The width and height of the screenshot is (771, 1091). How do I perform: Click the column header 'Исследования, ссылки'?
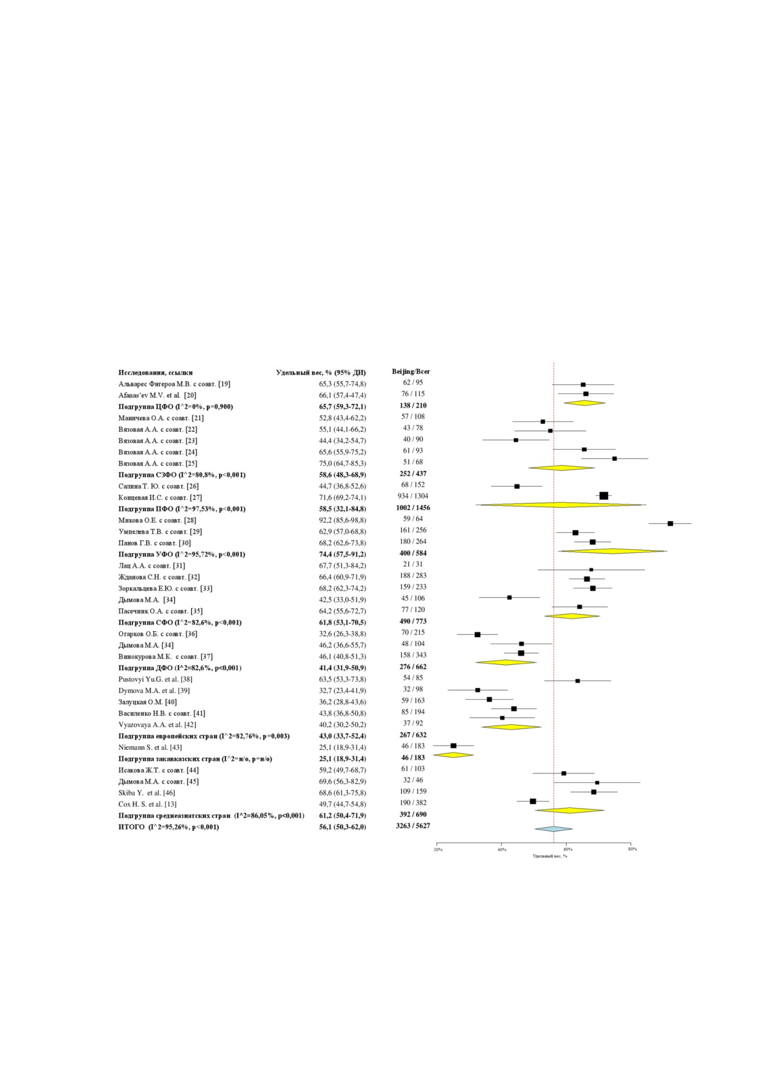coord(155,373)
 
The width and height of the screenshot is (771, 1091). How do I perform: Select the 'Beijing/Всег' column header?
coord(411,371)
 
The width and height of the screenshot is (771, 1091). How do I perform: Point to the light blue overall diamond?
coord(554,829)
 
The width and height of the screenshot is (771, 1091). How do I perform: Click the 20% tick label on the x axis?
coord(438,849)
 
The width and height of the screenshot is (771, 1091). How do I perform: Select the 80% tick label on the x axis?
coord(632,849)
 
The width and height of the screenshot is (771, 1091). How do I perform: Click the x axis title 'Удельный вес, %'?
coord(550,856)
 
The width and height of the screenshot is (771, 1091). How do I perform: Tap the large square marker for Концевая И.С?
coord(603,496)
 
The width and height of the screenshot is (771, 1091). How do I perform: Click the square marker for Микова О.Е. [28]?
coord(670,524)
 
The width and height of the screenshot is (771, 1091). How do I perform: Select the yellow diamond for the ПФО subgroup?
coord(561,505)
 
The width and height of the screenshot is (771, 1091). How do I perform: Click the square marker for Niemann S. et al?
coord(453,746)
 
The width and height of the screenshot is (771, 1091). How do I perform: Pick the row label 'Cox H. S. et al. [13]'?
coord(147,804)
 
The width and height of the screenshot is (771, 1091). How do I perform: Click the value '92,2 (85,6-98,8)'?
coord(343,520)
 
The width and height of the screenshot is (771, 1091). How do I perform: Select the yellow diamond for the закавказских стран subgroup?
coord(453,755)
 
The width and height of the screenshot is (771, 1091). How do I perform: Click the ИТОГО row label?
coord(131,827)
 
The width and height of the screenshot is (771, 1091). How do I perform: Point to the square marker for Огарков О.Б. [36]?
coord(477,634)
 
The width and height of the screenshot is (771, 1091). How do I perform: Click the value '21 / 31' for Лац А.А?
coord(413,564)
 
